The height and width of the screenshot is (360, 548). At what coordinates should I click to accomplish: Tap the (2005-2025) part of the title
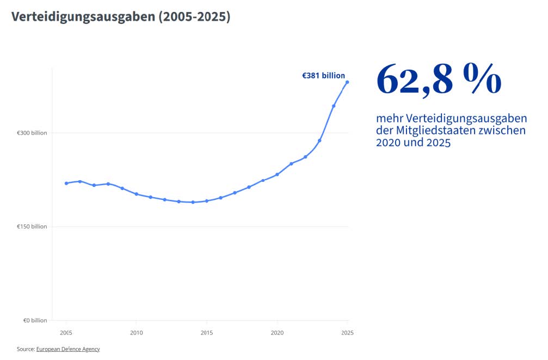point(194,17)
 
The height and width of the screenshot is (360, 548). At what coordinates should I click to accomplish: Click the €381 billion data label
point(323,76)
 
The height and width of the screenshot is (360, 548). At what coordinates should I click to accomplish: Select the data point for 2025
point(347,82)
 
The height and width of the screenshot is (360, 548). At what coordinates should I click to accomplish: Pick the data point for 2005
point(66,183)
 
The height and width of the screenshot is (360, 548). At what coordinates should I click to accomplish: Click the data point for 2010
point(136,194)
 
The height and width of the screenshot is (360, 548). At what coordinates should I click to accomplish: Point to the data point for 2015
point(206,201)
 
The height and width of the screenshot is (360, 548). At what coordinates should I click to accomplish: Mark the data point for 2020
point(277,174)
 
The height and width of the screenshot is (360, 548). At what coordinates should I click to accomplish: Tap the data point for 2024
point(334,106)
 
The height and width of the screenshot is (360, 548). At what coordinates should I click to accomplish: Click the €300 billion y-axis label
point(32,133)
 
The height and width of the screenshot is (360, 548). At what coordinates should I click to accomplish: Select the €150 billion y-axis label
point(32,227)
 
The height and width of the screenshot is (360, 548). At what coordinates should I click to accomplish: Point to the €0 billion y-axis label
point(35,320)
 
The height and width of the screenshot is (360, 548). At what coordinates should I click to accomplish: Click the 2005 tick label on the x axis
point(66,332)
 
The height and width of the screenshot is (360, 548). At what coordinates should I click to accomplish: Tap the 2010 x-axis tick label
point(136,332)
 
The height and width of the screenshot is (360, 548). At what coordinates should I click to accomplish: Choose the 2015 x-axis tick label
point(206,332)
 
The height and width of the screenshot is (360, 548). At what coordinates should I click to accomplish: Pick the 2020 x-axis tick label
point(277,332)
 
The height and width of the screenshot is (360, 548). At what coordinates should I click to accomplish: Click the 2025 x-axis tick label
point(347,332)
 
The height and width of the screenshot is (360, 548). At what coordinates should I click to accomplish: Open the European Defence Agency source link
point(68,349)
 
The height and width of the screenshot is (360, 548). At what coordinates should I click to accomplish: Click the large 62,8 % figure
point(439,80)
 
